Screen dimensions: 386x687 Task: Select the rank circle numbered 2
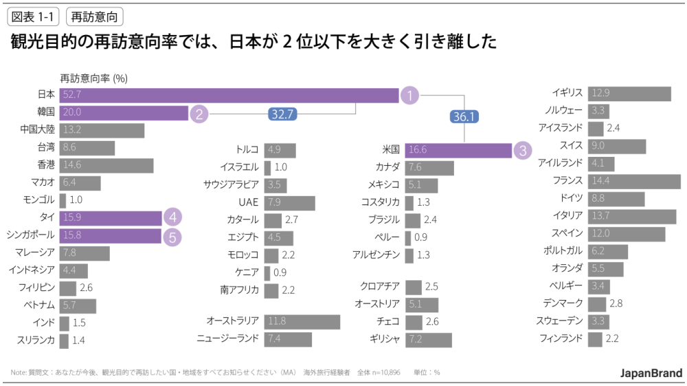(199, 114)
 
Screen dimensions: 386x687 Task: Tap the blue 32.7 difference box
(282, 115)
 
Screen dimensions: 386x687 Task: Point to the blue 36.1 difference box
(464, 117)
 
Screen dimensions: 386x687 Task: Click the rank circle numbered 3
(522, 149)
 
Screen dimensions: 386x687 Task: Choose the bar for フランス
(629, 181)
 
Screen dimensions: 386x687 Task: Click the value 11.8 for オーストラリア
(277, 321)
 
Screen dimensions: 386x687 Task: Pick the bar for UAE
(289, 202)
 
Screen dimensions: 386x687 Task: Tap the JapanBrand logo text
(651, 373)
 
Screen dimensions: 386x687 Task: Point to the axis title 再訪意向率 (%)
(93, 78)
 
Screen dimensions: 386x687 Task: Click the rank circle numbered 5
(172, 236)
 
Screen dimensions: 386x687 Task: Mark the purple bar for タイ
(110, 218)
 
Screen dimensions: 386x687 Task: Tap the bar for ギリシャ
(428, 339)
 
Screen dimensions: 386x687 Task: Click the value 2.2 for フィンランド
(613, 339)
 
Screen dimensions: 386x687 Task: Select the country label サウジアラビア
(231, 184)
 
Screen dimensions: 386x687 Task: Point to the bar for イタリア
(632, 216)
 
